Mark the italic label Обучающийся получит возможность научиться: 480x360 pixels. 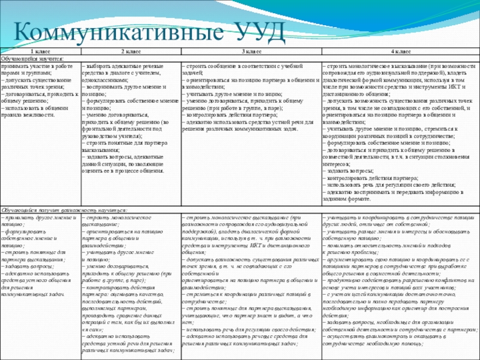[x=64, y=211]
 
